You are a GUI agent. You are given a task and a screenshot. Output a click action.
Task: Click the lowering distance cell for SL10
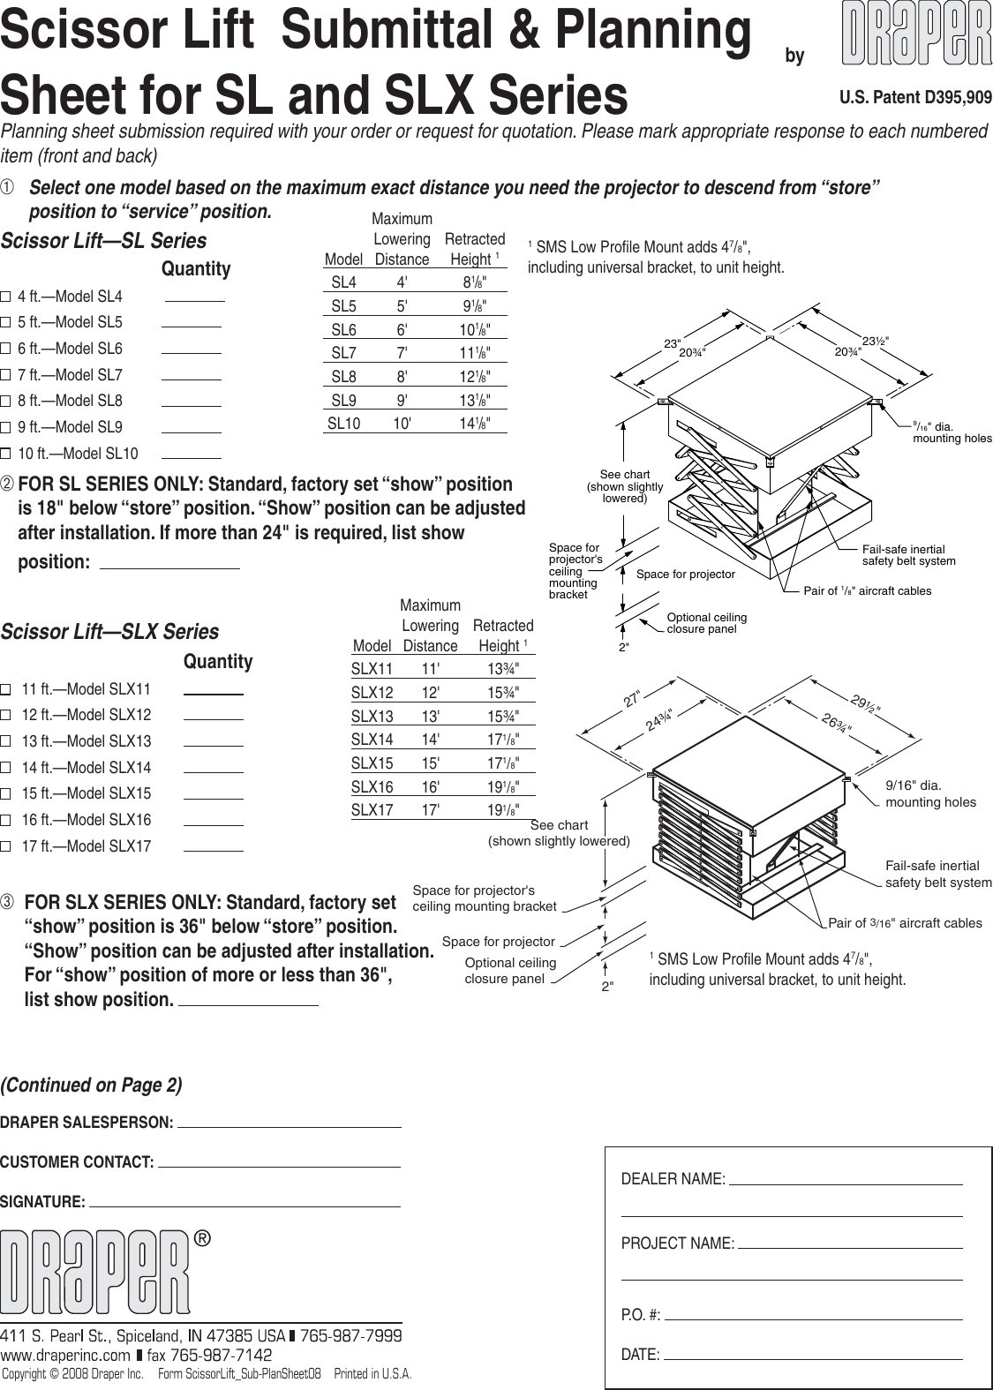coord(402,424)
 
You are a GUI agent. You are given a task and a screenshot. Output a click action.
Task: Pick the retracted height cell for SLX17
coord(503,809)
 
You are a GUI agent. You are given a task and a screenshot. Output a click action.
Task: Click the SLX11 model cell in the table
coord(372,669)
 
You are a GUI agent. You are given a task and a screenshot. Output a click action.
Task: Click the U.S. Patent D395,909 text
coord(915,98)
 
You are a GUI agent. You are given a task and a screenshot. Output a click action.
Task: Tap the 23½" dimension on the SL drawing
coord(875,341)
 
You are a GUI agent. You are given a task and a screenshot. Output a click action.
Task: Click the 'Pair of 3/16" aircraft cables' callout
coord(905,923)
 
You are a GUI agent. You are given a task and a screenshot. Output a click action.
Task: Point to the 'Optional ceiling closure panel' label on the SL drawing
coord(706,623)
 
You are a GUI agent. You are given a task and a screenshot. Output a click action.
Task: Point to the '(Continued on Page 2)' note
coord(92,1086)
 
